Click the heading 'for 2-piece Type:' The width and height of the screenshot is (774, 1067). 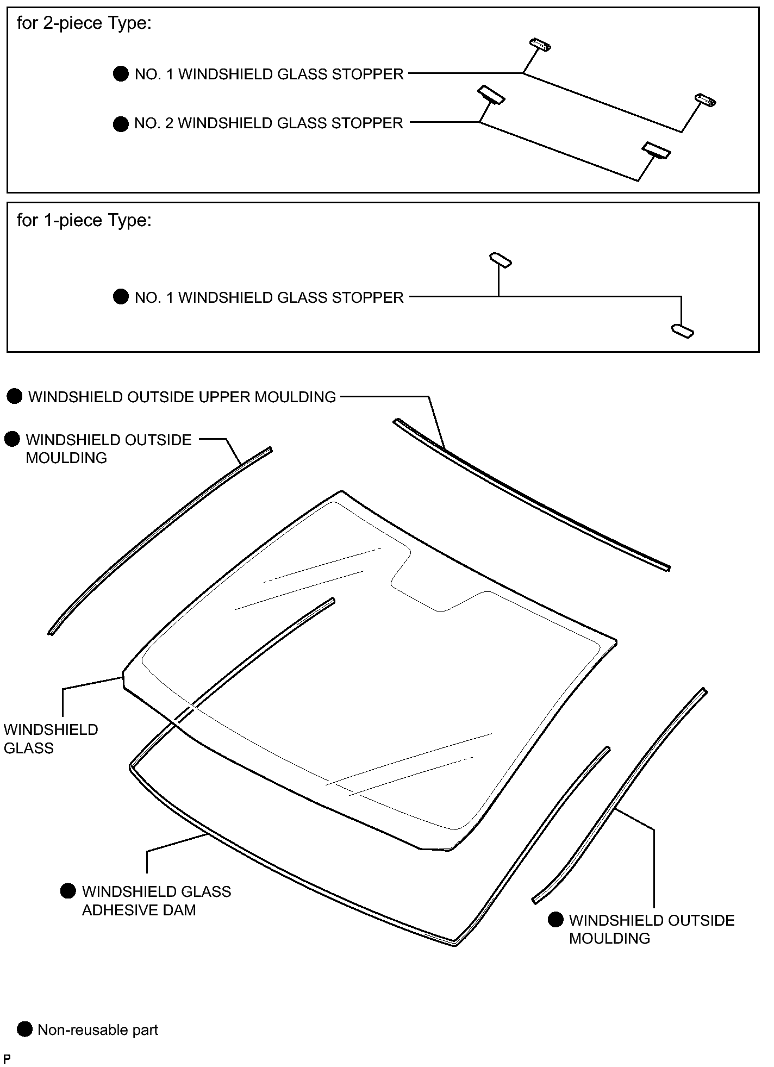click(x=84, y=24)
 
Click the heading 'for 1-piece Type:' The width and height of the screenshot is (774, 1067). click(x=84, y=221)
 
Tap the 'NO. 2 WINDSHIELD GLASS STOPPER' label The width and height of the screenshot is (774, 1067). click(x=269, y=123)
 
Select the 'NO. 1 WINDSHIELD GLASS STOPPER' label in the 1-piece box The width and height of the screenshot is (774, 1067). click(x=269, y=298)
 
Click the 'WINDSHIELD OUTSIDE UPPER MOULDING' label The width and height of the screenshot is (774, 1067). click(x=182, y=397)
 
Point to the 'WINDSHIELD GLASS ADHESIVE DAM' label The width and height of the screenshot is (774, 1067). click(x=157, y=901)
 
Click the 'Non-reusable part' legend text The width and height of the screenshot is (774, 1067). click(x=98, y=1030)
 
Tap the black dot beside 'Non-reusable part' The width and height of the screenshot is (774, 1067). click(x=25, y=1029)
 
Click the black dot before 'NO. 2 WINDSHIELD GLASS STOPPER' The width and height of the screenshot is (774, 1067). click(x=121, y=124)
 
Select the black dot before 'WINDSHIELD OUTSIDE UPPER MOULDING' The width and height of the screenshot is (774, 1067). click(x=15, y=397)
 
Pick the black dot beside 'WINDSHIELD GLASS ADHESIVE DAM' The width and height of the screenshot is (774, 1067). click(x=68, y=891)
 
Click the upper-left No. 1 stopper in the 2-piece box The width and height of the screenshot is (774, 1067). click(x=540, y=46)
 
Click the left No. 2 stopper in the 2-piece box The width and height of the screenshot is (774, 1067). click(x=491, y=95)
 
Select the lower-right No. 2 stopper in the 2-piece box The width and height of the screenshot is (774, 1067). click(x=656, y=151)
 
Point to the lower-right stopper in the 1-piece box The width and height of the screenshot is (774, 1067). click(x=683, y=331)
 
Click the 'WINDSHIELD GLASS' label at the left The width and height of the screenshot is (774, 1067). click(x=51, y=739)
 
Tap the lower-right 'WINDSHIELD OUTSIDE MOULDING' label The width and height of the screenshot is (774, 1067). click(x=652, y=929)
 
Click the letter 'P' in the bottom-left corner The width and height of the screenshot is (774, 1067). click(x=7, y=1059)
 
